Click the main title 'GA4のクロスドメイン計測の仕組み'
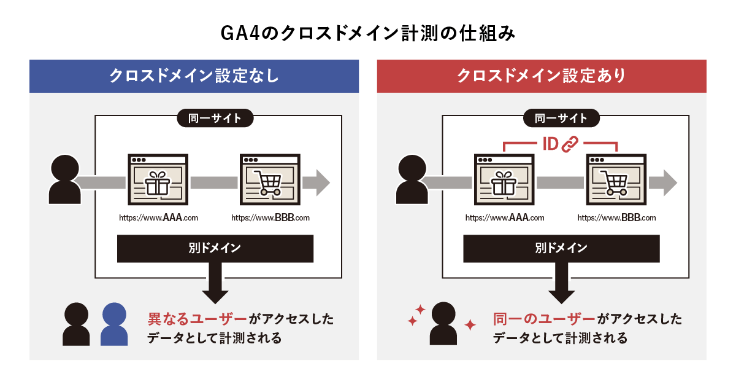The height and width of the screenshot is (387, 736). [x=367, y=33]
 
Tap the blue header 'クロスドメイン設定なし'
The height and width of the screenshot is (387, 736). [x=194, y=76]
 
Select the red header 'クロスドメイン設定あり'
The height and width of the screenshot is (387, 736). [x=542, y=76]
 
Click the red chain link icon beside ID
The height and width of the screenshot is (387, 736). [x=570, y=144]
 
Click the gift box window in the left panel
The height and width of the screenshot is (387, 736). [x=158, y=179]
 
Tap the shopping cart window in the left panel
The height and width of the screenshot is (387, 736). [x=270, y=179]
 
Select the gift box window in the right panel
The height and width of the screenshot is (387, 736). [x=504, y=179]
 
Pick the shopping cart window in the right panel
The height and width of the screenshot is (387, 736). [x=616, y=179]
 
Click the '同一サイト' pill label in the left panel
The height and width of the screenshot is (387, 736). [x=215, y=118]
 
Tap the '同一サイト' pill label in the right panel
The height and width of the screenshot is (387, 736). [x=561, y=118]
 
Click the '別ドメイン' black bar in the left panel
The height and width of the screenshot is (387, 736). [x=215, y=248]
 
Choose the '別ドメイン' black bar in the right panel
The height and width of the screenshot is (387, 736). [x=562, y=248]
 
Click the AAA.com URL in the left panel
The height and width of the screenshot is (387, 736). [x=158, y=218]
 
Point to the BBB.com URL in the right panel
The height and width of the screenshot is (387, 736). [x=617, y=218]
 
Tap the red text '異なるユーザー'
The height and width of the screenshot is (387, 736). [x=197, y=319]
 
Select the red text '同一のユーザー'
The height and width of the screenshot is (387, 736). [x=544, y=319]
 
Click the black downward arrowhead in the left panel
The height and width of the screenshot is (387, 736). [x=215, y=297]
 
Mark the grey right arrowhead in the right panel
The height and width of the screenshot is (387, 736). [x=670, y=183]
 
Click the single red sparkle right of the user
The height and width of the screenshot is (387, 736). [x=470, y=325]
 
